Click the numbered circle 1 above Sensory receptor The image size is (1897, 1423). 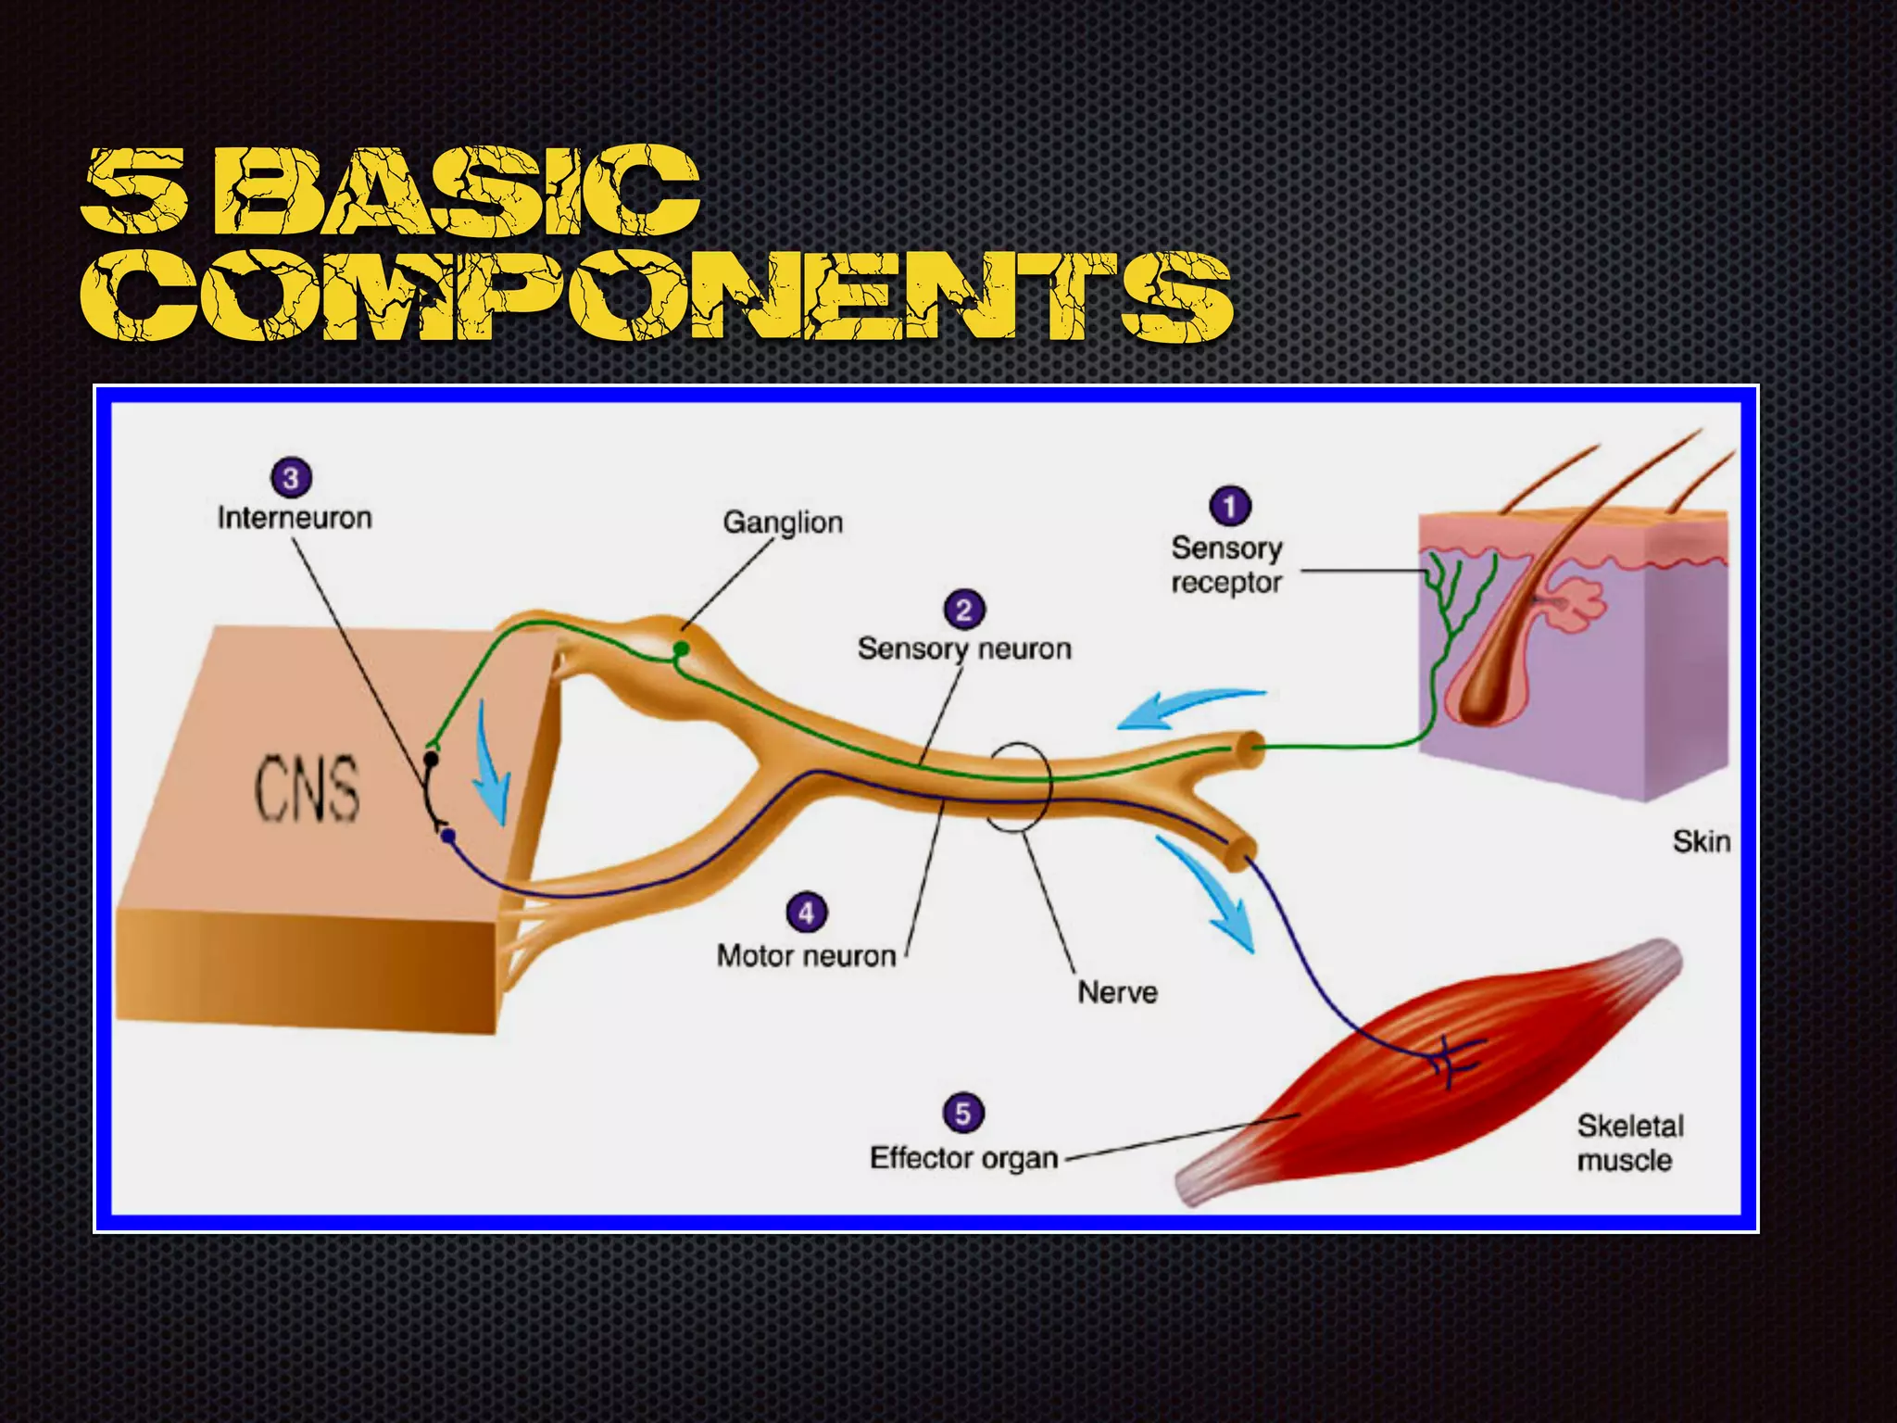(x=1229, y=507)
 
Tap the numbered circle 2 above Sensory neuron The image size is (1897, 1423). (x=964, y=610)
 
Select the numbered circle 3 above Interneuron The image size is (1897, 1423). (x=291, y=478)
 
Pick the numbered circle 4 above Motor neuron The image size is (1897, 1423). (x=806, y=913)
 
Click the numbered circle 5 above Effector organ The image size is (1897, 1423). (x=962, y=1113)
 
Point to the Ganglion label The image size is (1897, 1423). (x=783, y=523)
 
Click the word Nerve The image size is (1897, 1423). (x=1117, y=992)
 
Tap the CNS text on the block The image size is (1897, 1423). (x=307, y=788)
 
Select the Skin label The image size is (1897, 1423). (x=1701, y=841)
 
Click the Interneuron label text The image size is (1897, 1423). (x=295, y=517)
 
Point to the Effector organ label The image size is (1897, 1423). (x=963, y=1158)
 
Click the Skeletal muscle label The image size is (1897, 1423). (x=1629, y=1142)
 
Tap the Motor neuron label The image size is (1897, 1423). (x=806, y=955)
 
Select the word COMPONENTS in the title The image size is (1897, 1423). (x=656, y=296)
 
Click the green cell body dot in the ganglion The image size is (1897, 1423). (x=681, y=649)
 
